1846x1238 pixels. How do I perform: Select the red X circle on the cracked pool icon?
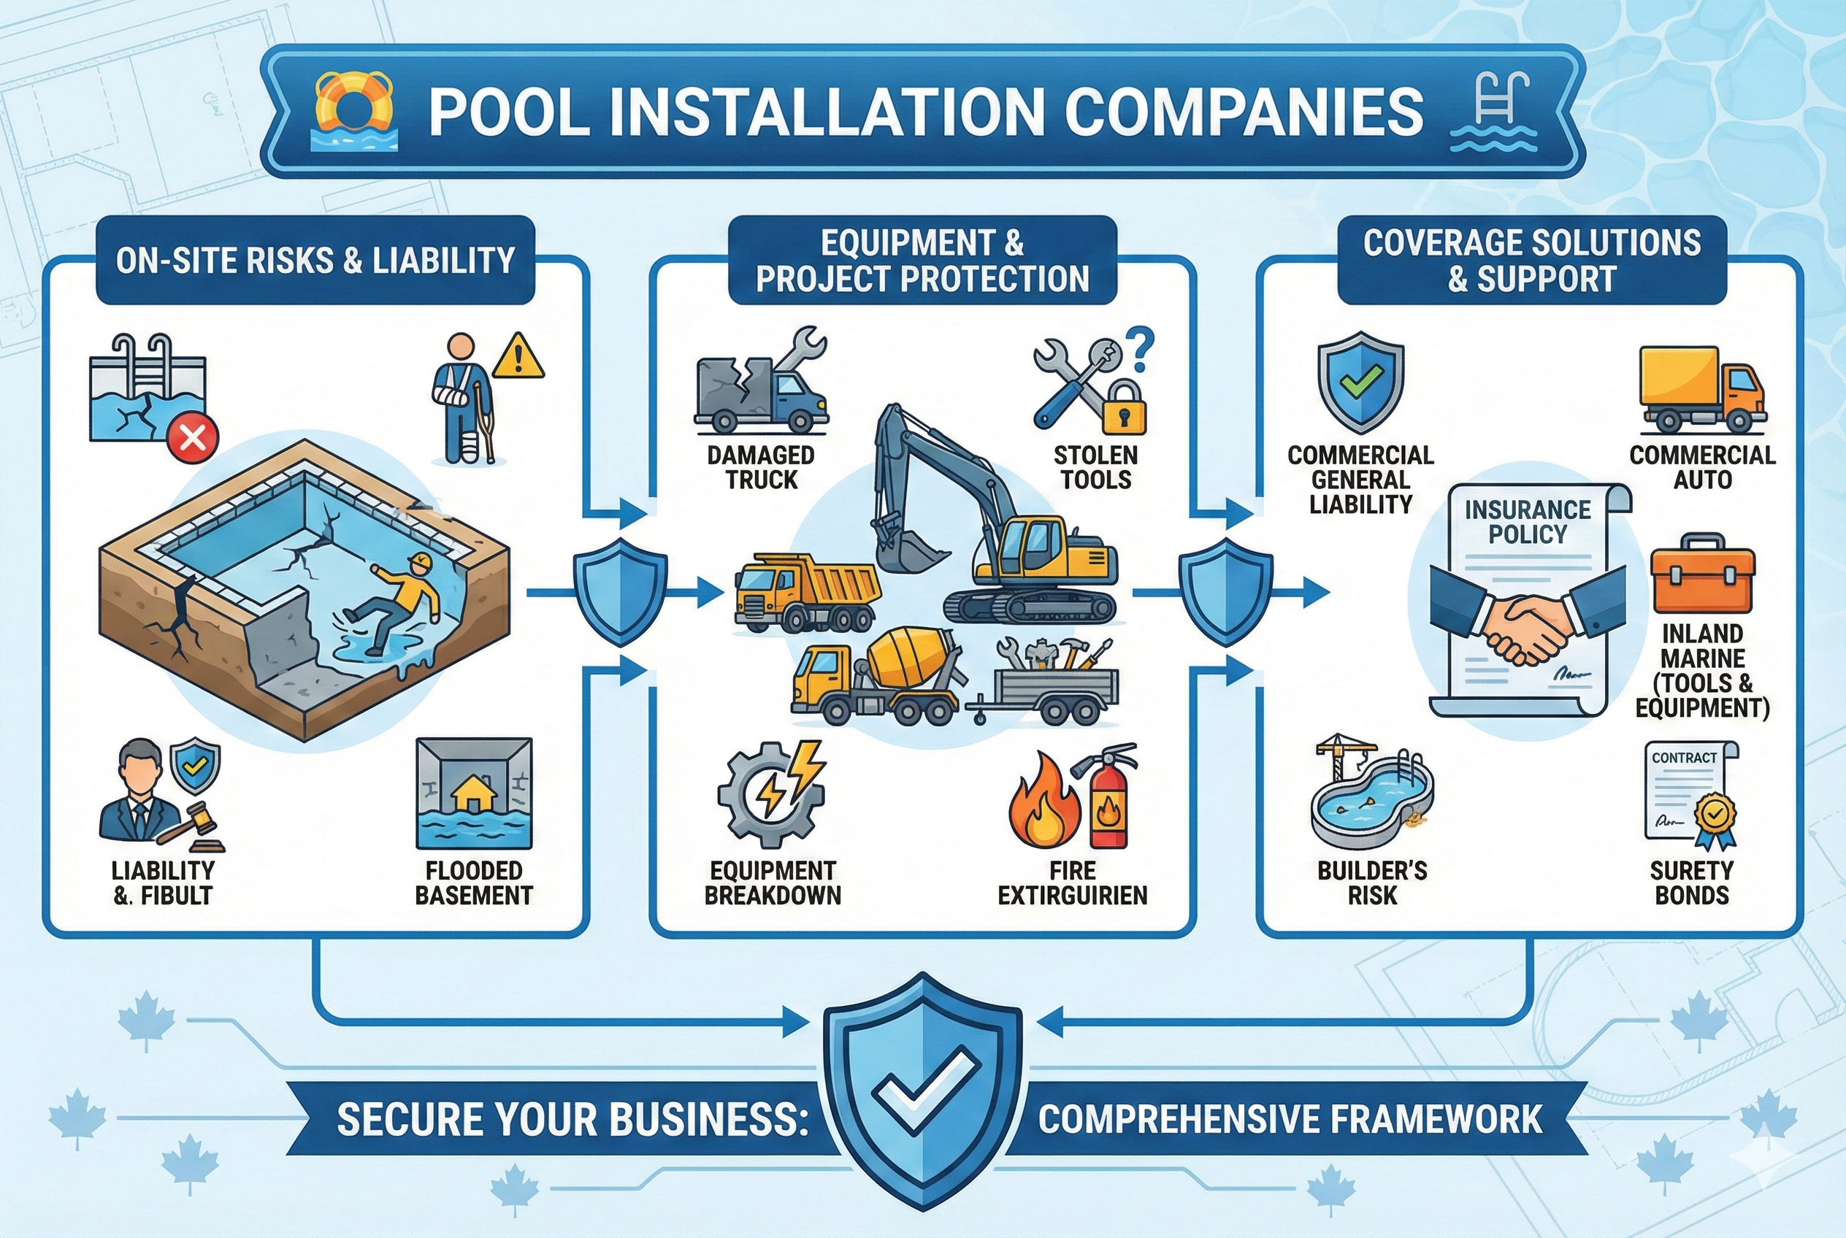pyautogui.click(x=193, y=435)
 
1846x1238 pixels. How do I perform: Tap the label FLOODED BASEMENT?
pyautogui.click(x=474, y=883)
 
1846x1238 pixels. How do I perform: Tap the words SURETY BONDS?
pyautogui.click(x=1691, y=883)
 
